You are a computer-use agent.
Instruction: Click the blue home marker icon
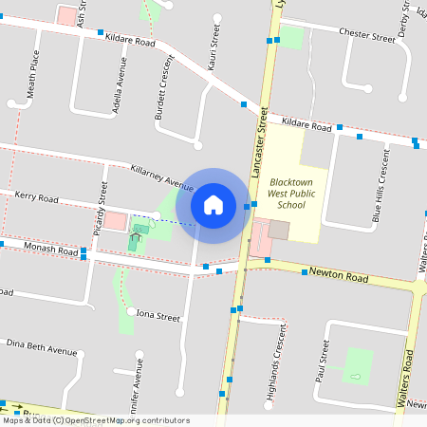[x=213, y=204]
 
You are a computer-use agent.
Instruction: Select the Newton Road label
[x=338, y=276]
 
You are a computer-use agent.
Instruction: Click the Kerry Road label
[x=36, y=197]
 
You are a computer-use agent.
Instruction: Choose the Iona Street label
[x=158, y=315]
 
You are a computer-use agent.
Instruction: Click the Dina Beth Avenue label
[x=41, y=346]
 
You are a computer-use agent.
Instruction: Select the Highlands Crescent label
[x=277, y=363]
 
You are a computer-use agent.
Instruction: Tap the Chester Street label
[x=365, y=36]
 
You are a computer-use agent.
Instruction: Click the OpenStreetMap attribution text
[x=95, y=420]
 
